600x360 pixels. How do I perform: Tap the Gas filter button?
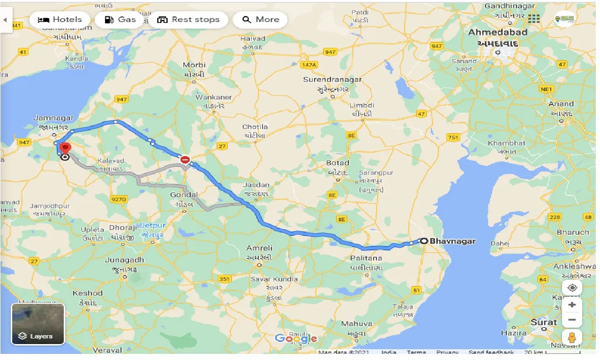point(120,20)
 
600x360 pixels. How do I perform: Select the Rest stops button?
point(188,20)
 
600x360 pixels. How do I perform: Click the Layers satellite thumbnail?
point(37,324)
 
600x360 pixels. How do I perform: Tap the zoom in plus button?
point(571,305)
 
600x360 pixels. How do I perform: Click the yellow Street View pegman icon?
point(571,337)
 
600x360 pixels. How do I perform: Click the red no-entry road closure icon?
point(185,160)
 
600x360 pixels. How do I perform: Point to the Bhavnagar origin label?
point(452,241)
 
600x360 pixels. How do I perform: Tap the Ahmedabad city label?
point(497,32)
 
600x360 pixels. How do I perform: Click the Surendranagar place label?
point(332,80)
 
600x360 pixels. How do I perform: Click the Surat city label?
point(544,322)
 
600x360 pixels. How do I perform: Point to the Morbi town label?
point(194,65)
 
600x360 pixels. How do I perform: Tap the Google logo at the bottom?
point(296,338)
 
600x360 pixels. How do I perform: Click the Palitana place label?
point(366,258)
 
